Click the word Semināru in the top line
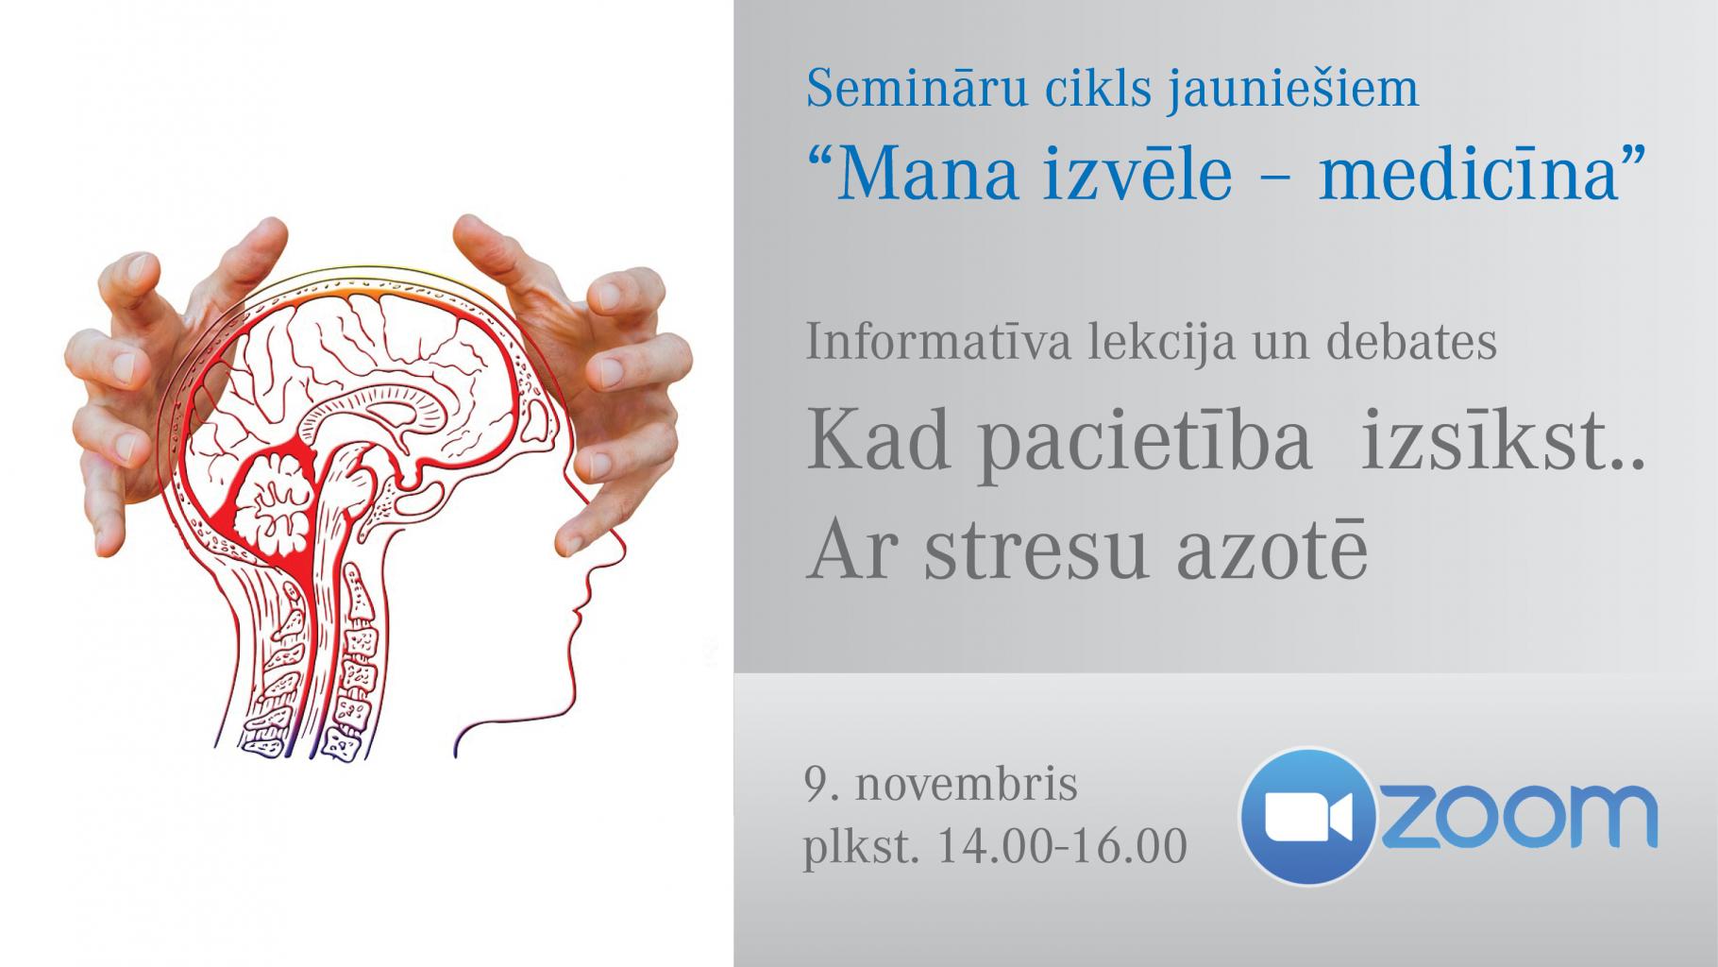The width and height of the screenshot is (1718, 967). (x=912, y=88)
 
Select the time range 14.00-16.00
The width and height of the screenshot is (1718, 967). (x=1061, y=846)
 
